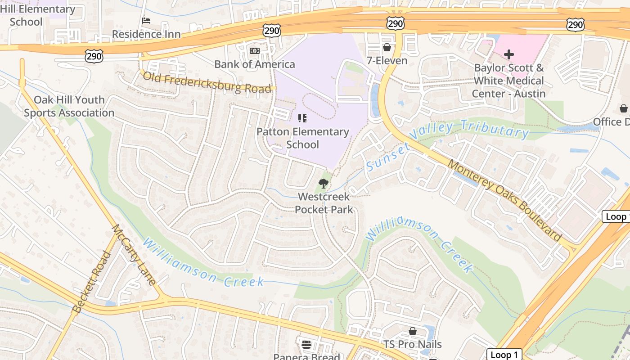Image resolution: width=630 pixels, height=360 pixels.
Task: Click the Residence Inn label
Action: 146,34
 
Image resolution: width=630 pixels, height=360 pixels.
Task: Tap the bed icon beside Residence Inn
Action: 146,21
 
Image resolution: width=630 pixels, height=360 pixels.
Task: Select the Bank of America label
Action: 255,64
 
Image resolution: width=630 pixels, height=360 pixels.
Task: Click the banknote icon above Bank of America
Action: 255,51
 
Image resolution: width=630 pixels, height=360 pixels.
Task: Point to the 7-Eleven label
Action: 387,61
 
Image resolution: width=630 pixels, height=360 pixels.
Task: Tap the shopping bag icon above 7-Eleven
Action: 387,47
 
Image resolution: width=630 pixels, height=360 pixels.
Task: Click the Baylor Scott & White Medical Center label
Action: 508,81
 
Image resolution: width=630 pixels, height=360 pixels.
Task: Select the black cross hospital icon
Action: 509,55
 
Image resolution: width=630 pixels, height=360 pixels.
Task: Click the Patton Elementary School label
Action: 302,138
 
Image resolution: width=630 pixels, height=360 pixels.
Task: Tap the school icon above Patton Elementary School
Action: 302,118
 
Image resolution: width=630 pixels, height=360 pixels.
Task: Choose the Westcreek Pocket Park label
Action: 324,203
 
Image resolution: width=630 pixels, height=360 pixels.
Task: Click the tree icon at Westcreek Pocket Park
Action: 323,183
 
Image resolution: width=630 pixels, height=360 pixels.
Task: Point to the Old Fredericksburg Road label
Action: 207,82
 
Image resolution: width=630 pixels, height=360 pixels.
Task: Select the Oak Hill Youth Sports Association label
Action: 69,107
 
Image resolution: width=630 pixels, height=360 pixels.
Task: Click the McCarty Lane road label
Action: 134,255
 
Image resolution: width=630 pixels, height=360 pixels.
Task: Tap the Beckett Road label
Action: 91,283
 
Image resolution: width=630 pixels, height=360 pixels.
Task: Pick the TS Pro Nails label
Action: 412,345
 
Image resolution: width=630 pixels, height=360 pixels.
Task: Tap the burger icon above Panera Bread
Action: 306,345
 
